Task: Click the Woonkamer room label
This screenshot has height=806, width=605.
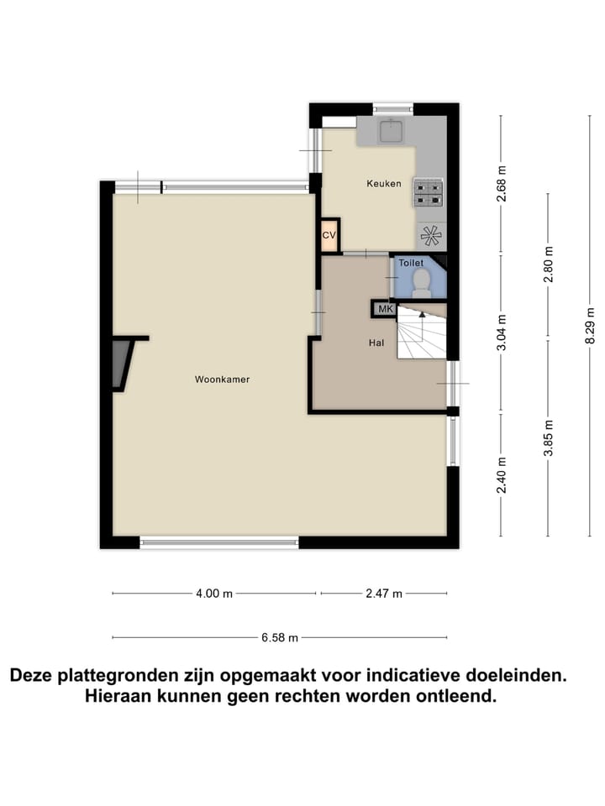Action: coord(222,379)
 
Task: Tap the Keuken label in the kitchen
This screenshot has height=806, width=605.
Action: coord(383,184)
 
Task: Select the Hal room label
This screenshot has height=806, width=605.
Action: coord(376,343)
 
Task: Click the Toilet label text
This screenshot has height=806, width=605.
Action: coord(411,264)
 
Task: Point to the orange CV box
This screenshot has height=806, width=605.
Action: coord(329,236)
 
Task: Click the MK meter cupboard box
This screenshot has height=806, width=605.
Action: coord(385,309)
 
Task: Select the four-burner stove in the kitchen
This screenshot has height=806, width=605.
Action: coord(428,193)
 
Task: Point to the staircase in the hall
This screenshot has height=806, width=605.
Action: coord(421,333)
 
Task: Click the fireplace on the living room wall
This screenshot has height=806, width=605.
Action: coord(123,363)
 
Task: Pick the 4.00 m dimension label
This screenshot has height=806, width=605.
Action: coord(213,594)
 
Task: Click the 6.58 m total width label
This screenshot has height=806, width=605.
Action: coord(280,637)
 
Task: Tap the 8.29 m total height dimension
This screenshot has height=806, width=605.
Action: coord(592,322)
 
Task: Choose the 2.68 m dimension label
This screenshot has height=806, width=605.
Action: coord(502,182)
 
